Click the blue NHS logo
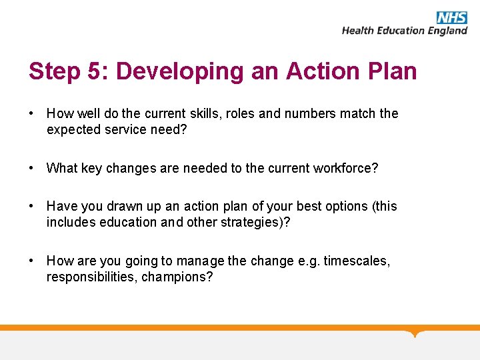[x=452, y=17]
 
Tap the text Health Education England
[x=405, y=31]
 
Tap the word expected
[x=73, y=129]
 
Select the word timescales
[x=357, y=261]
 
